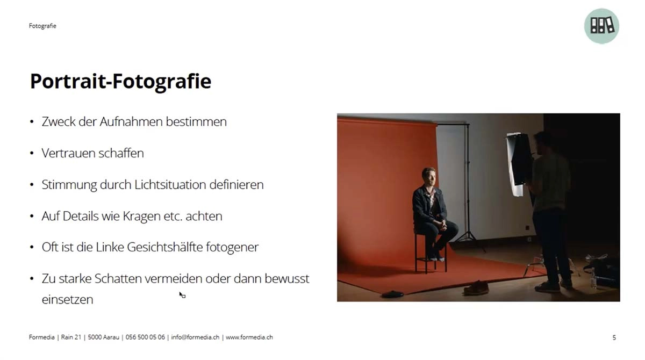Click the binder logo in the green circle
point(601,26)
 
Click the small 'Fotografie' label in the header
point(42,26)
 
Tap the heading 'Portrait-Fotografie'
point(120,82)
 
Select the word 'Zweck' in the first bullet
point(59,122)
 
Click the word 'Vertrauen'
point(68,153)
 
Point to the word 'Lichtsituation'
point(170,185)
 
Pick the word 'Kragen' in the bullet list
point(142,217)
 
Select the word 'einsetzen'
point(67,300)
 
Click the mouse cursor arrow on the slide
point(182,295)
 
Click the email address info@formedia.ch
point(195,337)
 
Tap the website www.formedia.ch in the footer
point(249,337)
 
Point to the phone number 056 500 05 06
point(145,337)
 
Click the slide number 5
point(614,337)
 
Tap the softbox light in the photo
point(518,163)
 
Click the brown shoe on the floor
point(476,289)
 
